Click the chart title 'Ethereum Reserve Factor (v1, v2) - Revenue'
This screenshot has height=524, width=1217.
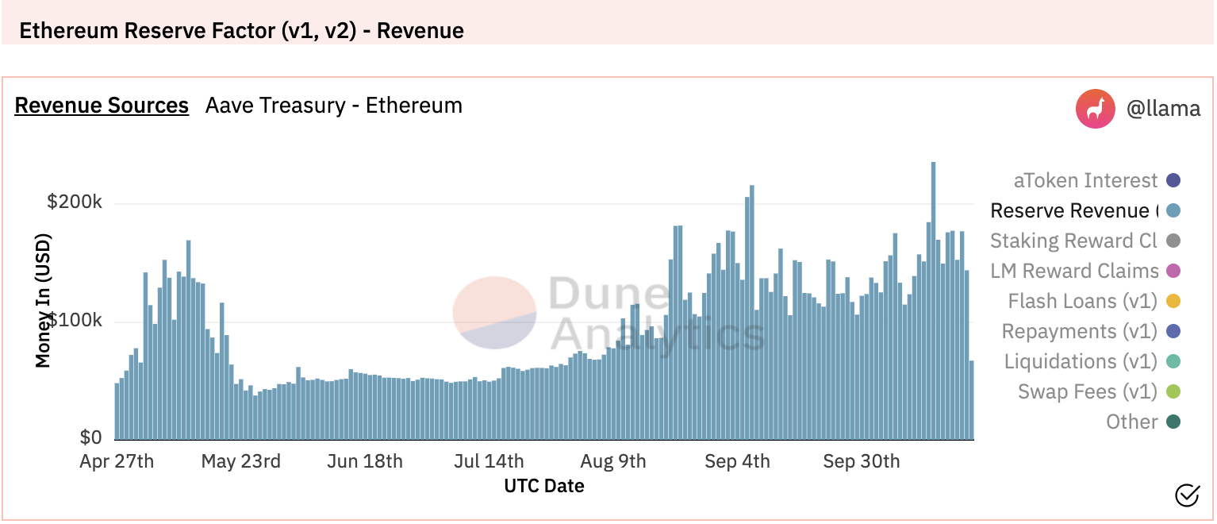[x=241, y=31]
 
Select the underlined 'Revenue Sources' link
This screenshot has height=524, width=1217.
[x=102, y=106]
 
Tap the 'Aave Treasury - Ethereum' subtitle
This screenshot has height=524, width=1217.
[x=333, y=106]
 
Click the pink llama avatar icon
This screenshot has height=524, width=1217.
[x=1096, y=109]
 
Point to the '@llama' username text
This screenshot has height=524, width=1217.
[x=1163, y=109]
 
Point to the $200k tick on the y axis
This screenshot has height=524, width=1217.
[x=75, y=202]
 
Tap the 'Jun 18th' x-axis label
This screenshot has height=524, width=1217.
[x=365, y=461]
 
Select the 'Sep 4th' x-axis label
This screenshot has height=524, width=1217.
[x=737, y=461]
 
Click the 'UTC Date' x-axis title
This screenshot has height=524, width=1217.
[x=544, y=486]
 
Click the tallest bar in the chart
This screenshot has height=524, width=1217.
[x=933, y=302]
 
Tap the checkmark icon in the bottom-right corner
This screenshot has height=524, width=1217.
[x=1187, y=495]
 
